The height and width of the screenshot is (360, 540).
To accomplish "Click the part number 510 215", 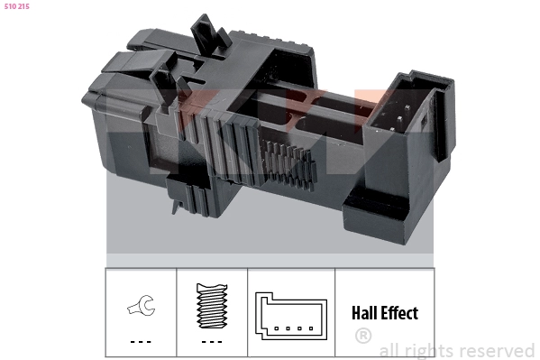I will click(x=17, y=8).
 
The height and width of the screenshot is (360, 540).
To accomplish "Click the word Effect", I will click(x=400, y=314).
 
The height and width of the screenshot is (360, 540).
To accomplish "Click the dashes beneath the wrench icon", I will click(x=140, y=341).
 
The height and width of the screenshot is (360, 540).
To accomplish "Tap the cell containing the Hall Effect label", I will click(x=384, y=313).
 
